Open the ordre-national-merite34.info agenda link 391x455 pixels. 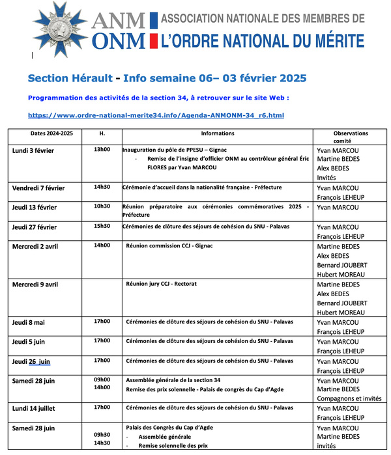(156, 115)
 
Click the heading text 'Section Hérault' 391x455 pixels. (64, 78)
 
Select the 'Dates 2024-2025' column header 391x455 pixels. (51, 133)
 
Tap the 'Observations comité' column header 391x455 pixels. (351, 137)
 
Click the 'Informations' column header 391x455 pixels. (218, 133)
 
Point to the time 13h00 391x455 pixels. (102, 150)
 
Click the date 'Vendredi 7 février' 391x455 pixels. (48, 188)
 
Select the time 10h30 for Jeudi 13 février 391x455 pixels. (102, 206)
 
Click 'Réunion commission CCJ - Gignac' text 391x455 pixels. (170, 246)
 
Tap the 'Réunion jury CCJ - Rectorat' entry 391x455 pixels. (161, 284)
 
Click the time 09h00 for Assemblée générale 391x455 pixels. (102, 379)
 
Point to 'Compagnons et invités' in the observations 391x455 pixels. (349, 398)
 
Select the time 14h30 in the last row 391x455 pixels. (102, 443)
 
